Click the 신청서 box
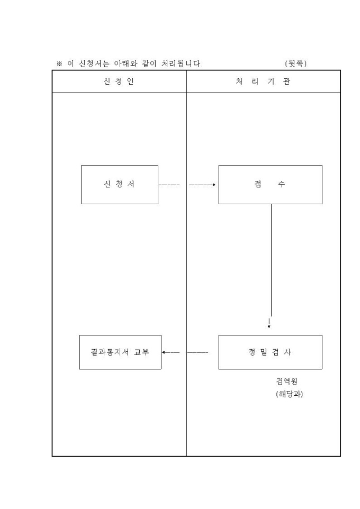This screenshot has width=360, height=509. pos(119,185)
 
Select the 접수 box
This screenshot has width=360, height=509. pos(270,185)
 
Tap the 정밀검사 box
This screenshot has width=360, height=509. pos(270,352)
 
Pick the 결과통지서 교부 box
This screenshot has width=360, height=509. pos(120,352)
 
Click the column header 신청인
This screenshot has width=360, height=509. pos(119,81)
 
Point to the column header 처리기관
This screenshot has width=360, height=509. pos(263,81)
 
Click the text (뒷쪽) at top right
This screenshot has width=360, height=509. pos(295,64)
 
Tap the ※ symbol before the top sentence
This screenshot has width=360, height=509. pos(60,64)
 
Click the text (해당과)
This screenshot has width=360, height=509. pos(289,394)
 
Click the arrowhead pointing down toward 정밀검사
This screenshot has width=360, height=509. pos(269,327)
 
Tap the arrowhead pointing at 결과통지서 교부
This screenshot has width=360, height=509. pos(164,352)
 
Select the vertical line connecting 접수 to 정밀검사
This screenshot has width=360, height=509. pos(272,259)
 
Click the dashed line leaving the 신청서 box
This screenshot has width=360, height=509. pos(169,185)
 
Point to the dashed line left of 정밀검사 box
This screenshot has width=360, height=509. pos(198,352)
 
